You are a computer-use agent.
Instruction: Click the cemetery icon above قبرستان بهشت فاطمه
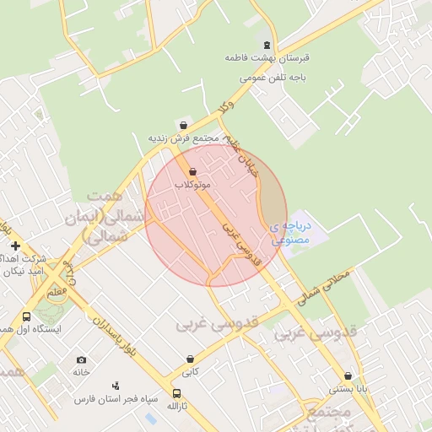(x=267, y=45)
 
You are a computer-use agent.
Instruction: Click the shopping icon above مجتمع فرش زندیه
(x=183, y=125)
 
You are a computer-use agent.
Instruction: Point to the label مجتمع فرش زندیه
(x=183, y=138)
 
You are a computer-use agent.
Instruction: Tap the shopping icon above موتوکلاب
(x=193, y=171)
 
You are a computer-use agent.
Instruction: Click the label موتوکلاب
(x=193, y=184)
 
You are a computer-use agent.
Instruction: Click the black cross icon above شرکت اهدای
(x=15, y=246)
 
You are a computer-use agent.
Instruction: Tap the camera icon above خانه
(x=81, y=360)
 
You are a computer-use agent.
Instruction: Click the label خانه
(x=81, y=372)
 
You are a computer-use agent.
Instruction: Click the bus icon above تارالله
(x=176, y=393)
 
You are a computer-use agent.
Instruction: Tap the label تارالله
(x=176, y=406)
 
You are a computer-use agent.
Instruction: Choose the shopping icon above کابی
(x=191, y=359)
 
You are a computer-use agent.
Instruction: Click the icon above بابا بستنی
(x=348, y=376)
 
